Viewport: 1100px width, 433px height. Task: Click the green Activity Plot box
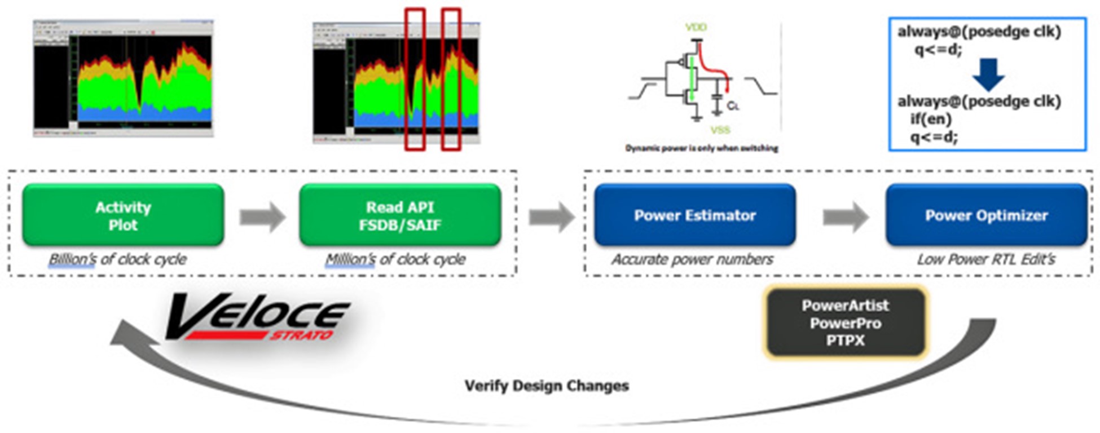coord(123,215)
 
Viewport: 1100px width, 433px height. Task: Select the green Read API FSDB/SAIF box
coord(400,215)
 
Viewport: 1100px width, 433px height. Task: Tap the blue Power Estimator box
coord(695,215)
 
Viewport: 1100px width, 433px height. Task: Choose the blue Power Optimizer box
coord(986,215)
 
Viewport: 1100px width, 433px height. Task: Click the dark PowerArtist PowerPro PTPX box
coord(845,323)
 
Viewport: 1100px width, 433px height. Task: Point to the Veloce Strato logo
coord(257,319)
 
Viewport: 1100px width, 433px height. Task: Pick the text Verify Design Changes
coord(547,386)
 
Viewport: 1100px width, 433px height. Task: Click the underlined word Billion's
coord(72,259)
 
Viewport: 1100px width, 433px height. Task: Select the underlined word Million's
coord(350,259)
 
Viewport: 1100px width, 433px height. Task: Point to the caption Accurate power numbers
coord(693,259)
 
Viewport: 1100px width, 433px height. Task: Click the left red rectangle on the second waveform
coord(415,79)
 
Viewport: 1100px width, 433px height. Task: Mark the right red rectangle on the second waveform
coord(451,79)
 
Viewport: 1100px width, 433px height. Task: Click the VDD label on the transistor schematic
coord(696,27)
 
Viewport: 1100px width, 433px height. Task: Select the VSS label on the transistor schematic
coord(720,130)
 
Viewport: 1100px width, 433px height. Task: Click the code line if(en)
coord(931,119)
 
